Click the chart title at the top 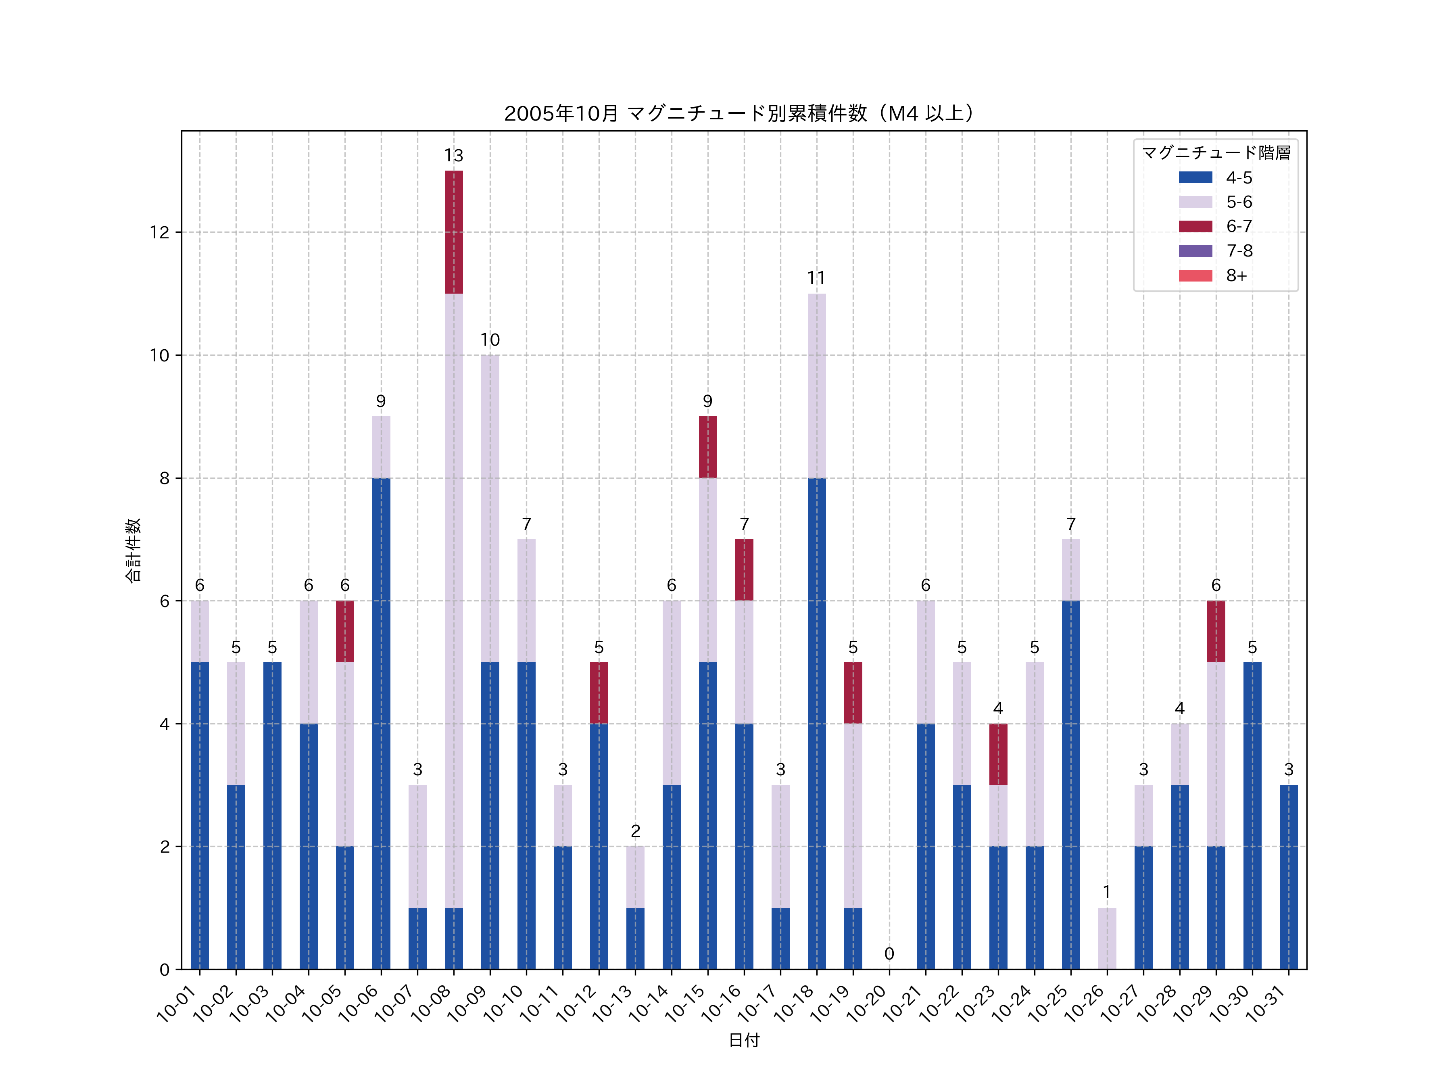(741, 114)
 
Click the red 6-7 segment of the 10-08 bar (454, 232)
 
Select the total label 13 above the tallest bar (454, 156)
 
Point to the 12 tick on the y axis (159, 232)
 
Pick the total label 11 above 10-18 (817, 278)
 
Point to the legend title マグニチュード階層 (1216, 153)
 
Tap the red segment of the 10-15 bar (707, 447)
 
